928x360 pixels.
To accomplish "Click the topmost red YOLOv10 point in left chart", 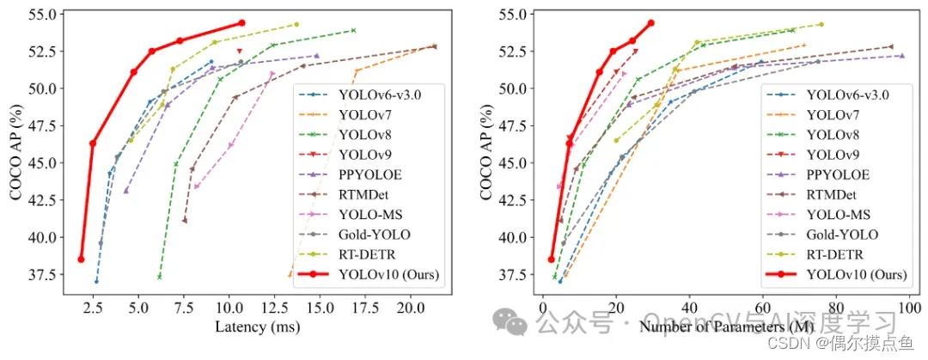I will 241,23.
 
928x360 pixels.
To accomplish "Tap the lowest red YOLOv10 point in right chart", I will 552,259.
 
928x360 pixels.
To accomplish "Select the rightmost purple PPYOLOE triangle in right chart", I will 901,56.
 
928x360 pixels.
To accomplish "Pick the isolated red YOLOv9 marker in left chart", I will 239,52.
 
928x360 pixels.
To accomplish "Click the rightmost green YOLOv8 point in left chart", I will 353,30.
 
